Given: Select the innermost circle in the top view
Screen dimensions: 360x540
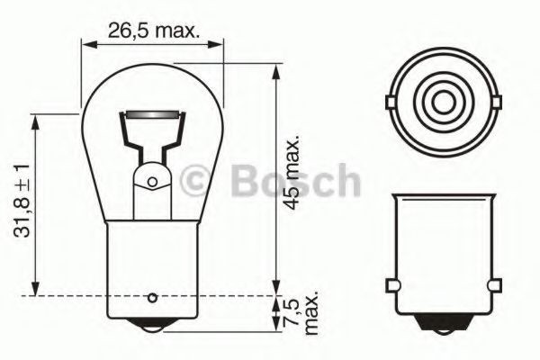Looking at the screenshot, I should pos(442,100).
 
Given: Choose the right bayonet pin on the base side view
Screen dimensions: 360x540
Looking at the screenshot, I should pos(494,286).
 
